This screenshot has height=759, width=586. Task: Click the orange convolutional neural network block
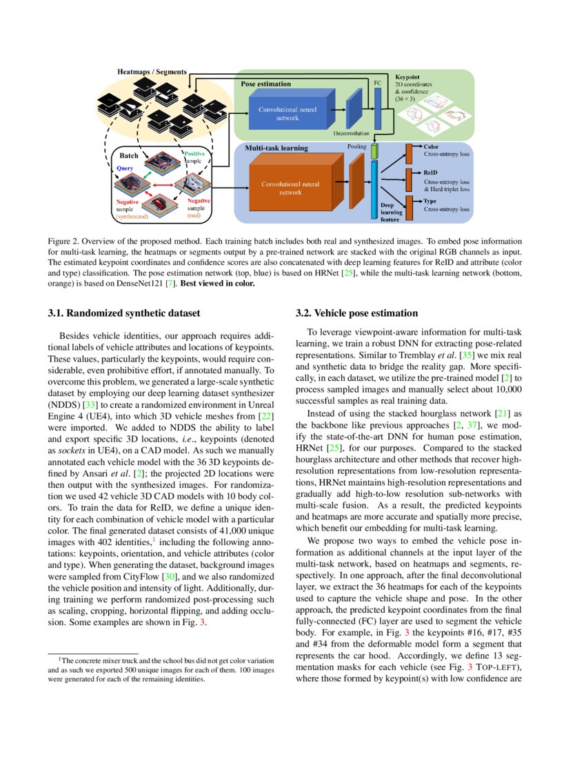pos(290,188)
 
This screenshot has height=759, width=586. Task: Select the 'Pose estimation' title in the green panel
pos(265,83)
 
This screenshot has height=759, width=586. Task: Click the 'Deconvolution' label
pos(352,133)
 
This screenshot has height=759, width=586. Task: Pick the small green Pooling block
pos(374,151)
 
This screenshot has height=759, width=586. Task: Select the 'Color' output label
pos(431,147)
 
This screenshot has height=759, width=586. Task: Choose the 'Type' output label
pos(430,201)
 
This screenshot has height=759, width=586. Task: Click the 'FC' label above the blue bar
pos(377,82)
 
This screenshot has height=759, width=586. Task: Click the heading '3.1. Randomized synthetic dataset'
pos(124,313)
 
